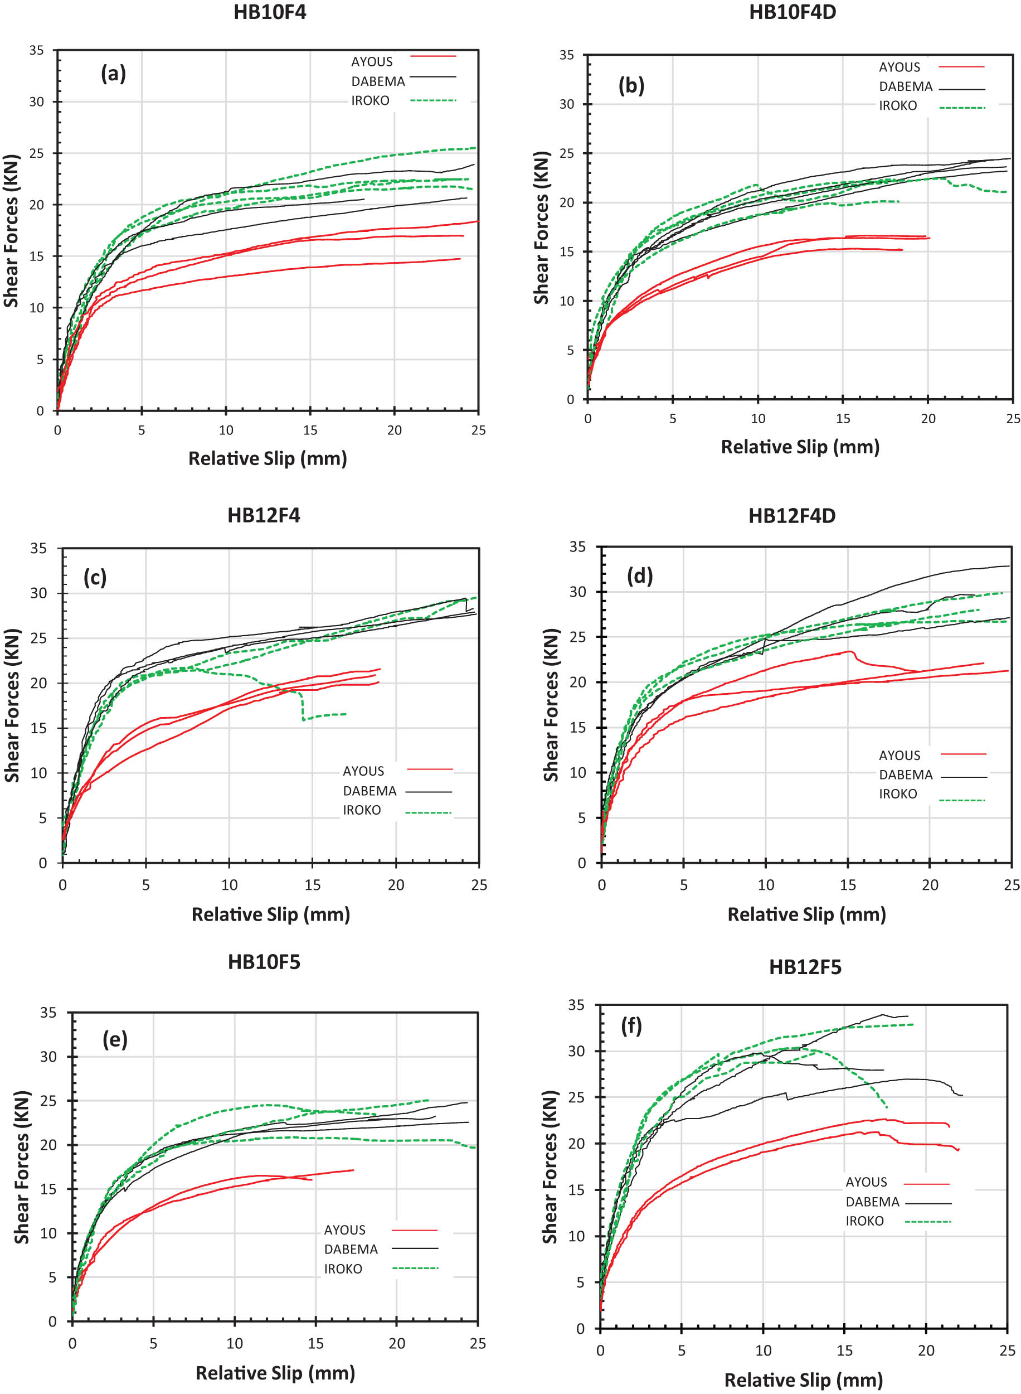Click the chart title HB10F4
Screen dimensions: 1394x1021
270,12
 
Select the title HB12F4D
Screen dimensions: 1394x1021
792,516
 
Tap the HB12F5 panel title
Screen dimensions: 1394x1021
805,967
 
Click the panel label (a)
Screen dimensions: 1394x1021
113,74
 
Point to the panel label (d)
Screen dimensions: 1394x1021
639,575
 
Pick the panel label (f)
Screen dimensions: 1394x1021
631,1026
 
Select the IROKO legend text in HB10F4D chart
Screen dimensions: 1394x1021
897,106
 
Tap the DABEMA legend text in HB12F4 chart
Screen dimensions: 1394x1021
369,791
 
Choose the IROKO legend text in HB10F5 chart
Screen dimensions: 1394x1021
342,1269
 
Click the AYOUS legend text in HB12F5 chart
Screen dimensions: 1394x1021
866,1182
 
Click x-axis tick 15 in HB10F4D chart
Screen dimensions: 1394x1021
843,419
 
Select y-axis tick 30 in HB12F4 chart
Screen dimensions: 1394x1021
38,593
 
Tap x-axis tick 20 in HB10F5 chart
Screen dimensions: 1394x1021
396,1343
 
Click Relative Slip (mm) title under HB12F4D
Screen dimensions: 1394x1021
806,914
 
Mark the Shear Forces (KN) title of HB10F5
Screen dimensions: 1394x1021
22,1167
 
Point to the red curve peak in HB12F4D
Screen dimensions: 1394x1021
851,652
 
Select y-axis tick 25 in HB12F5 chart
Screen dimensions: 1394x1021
576,1097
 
